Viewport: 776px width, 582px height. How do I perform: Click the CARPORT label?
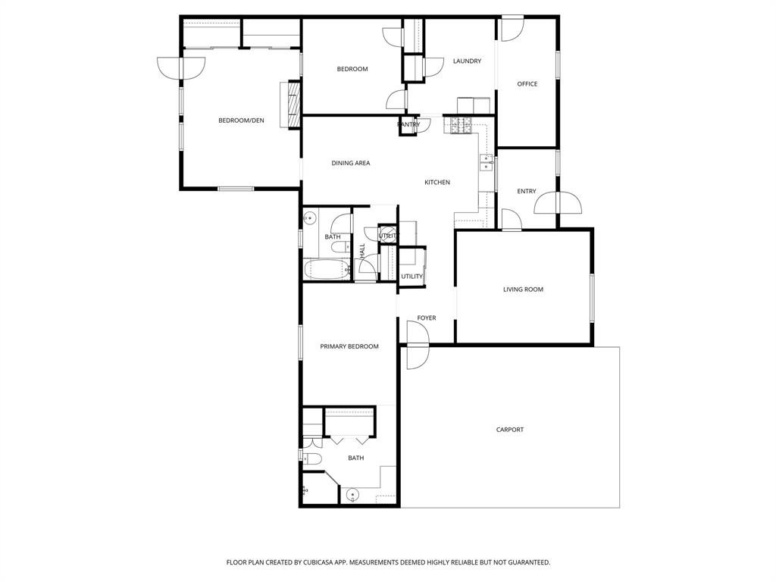tap(510, 430)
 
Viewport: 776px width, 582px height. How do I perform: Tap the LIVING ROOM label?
tap(523, 289)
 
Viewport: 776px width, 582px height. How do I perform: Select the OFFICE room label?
tap(527, 84)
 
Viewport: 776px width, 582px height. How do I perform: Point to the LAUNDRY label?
tap(467, 61)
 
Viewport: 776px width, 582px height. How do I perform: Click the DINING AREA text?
tap(351, 163)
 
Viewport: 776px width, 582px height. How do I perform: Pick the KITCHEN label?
tap(437, 183)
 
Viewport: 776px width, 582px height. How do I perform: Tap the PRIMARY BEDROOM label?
tap(349, 346)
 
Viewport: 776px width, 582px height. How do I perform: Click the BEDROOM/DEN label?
tap(241, 120)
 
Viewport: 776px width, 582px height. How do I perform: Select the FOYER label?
tap(427, 318)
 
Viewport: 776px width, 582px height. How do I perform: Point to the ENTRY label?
tap(527, 192)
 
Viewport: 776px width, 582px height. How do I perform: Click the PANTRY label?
tap(408, 124)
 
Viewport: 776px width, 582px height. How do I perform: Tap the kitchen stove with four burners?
tap(462, 125)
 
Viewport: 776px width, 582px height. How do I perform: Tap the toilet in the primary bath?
tap(312, 458)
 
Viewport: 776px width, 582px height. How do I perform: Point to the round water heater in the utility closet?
tap(386, 234)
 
